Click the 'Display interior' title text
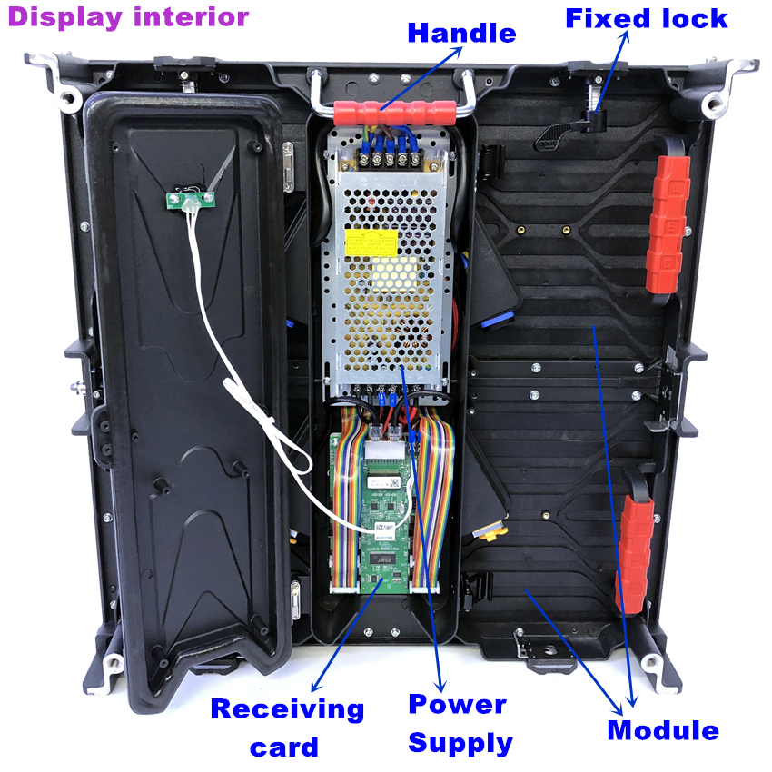(x=128, y=17)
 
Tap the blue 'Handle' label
(x=461, y=34)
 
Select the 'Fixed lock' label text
(x=647, y=18)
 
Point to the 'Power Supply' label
(x=460, y=723)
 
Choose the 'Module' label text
(x=663, y=730)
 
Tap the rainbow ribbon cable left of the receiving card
(x=346, y=509)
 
